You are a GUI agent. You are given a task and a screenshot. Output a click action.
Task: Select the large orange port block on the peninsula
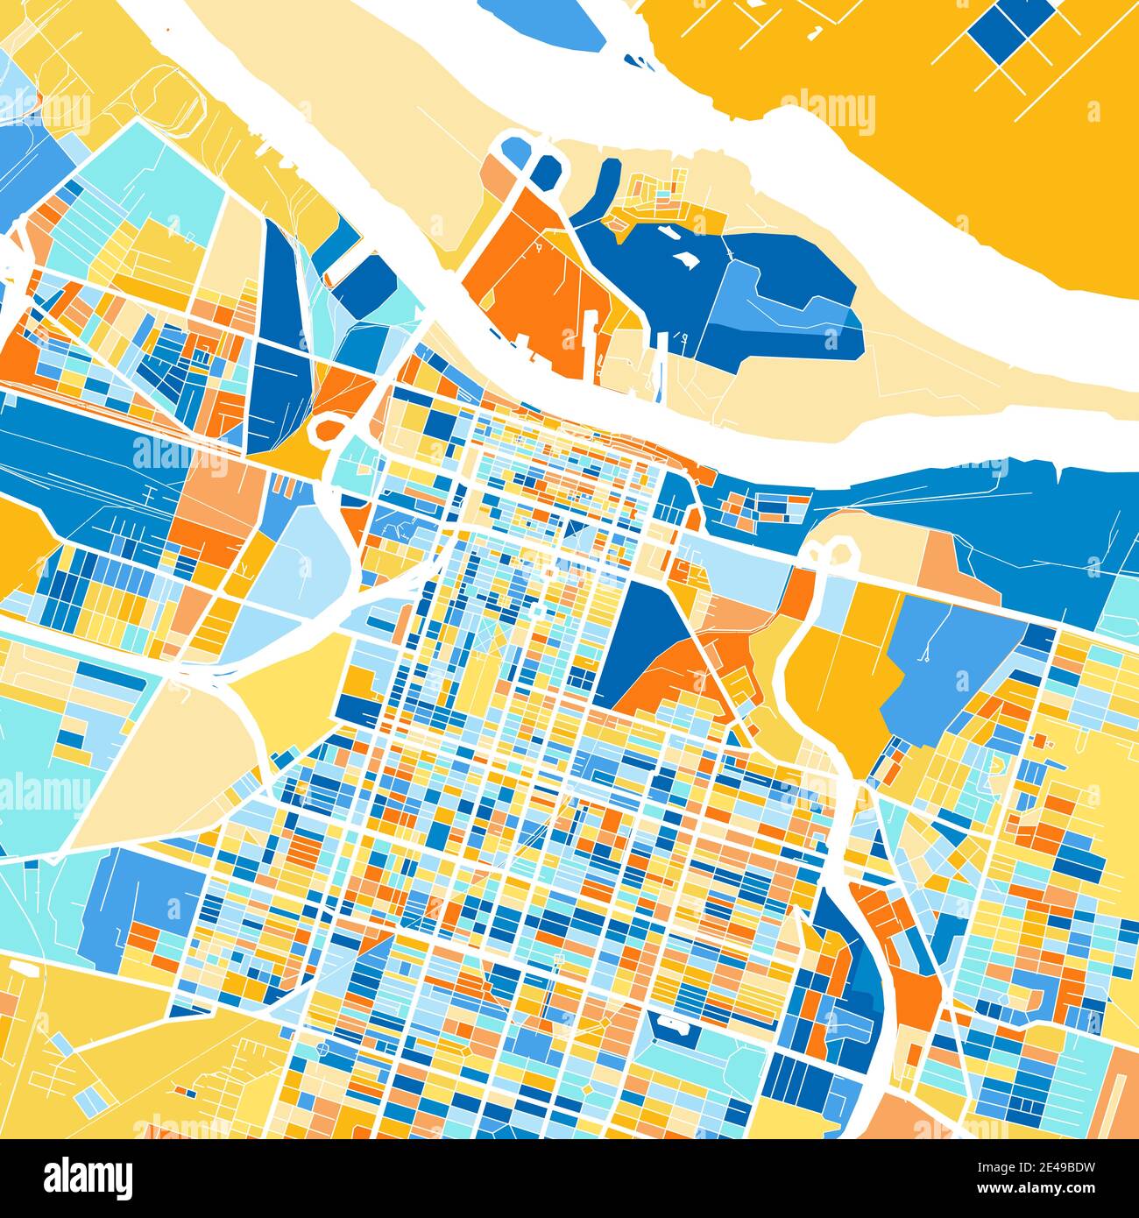pos(526,280)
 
